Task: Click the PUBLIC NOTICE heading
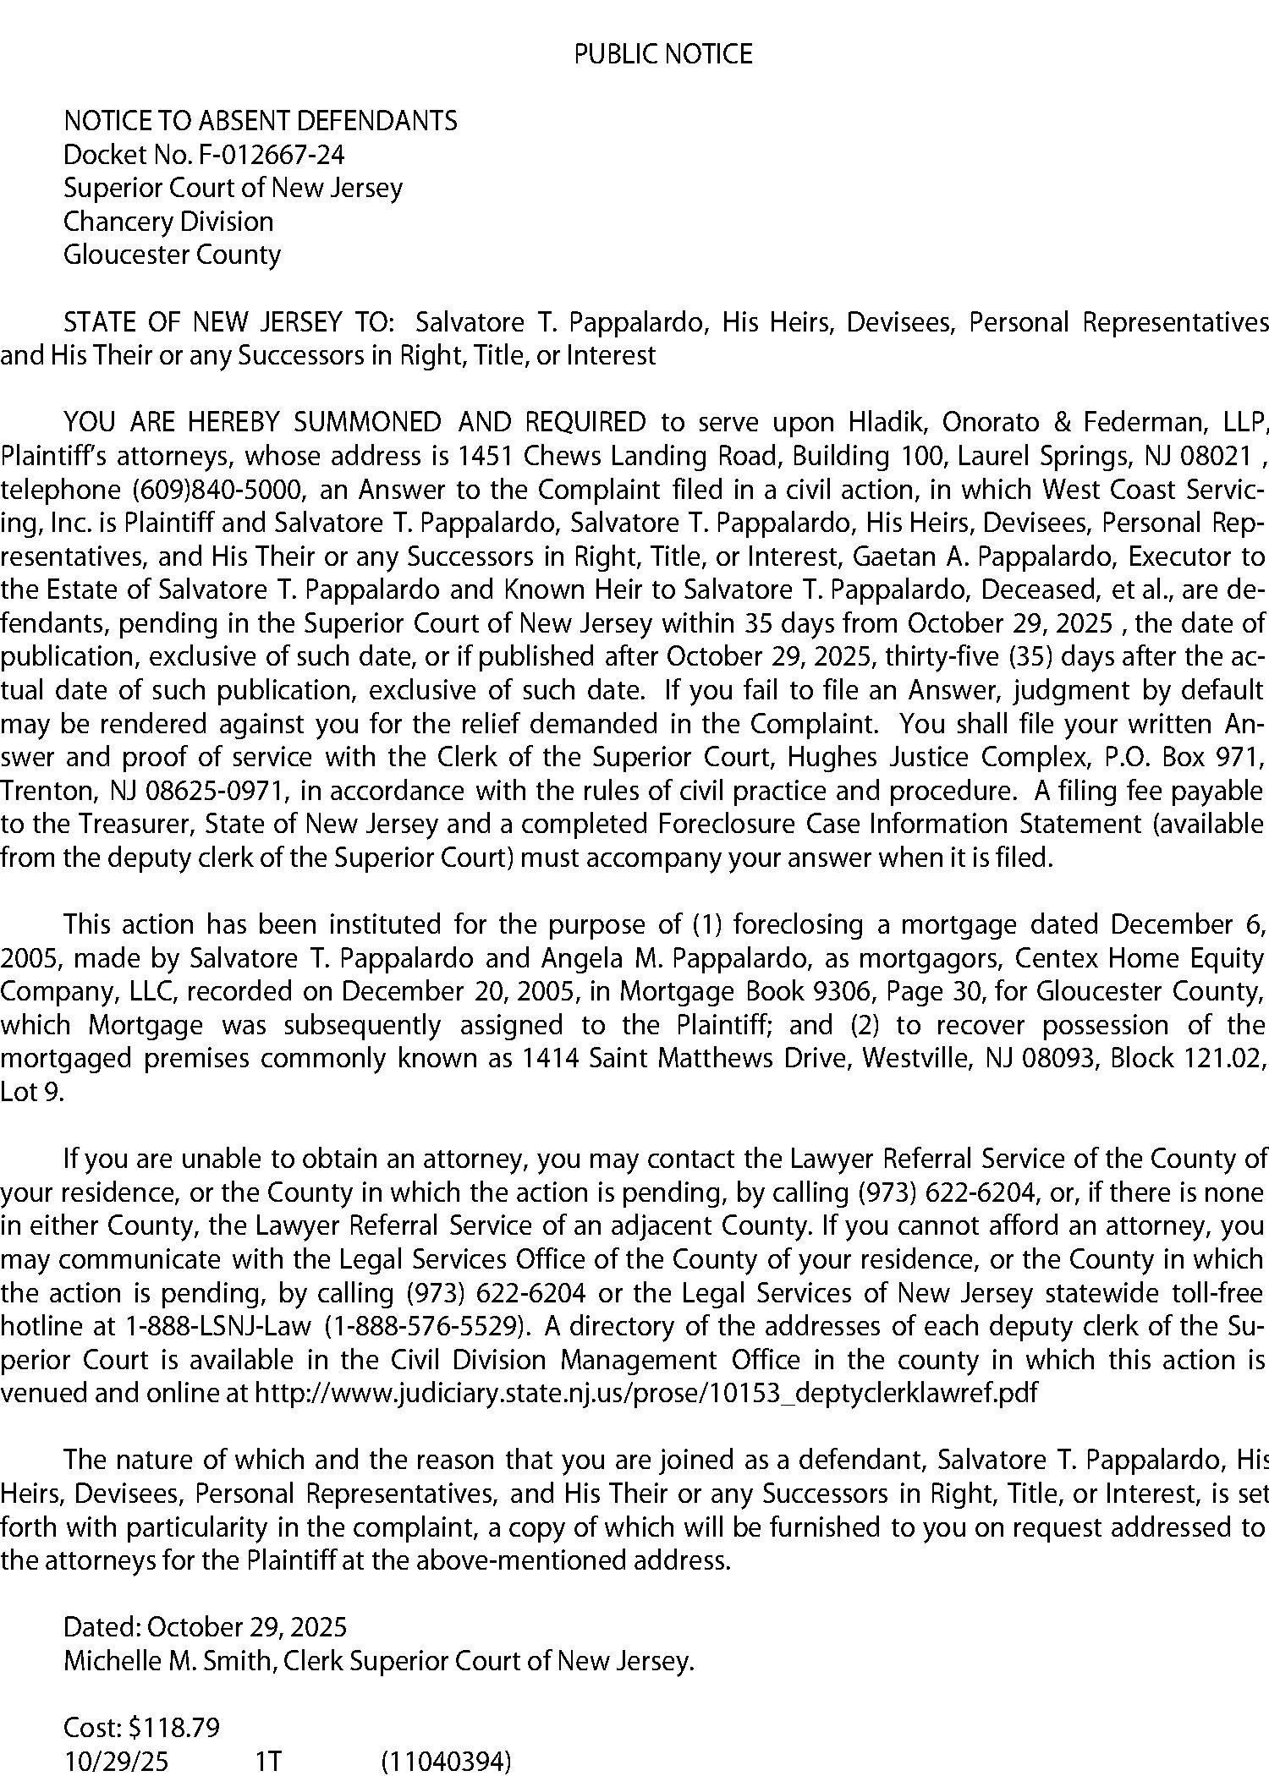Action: click(x=662, y=55)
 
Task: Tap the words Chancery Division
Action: click(x=168, y=222)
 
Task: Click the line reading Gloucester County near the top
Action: click(x=172, y=255)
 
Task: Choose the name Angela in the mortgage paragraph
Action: click(x=561, y=958)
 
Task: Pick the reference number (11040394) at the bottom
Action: click(x=446, y=1762)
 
